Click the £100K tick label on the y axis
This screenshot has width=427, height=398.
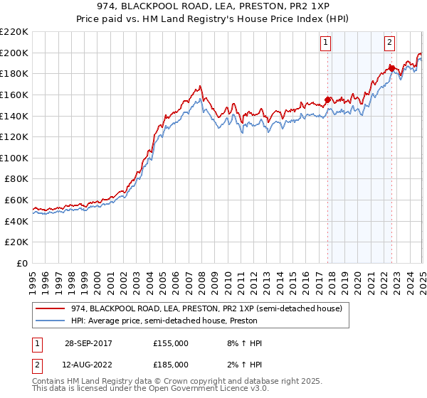(14, 158)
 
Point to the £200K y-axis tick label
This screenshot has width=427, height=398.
(14, 53)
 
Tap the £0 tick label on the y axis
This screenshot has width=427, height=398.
(21, 263)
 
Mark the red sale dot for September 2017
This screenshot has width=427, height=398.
(328, 99)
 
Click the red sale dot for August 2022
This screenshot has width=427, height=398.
(391, 68)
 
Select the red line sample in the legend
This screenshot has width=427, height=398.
(50, 308)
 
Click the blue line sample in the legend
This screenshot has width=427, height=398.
(50, 321)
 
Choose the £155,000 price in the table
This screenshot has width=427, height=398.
(171, 343)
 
